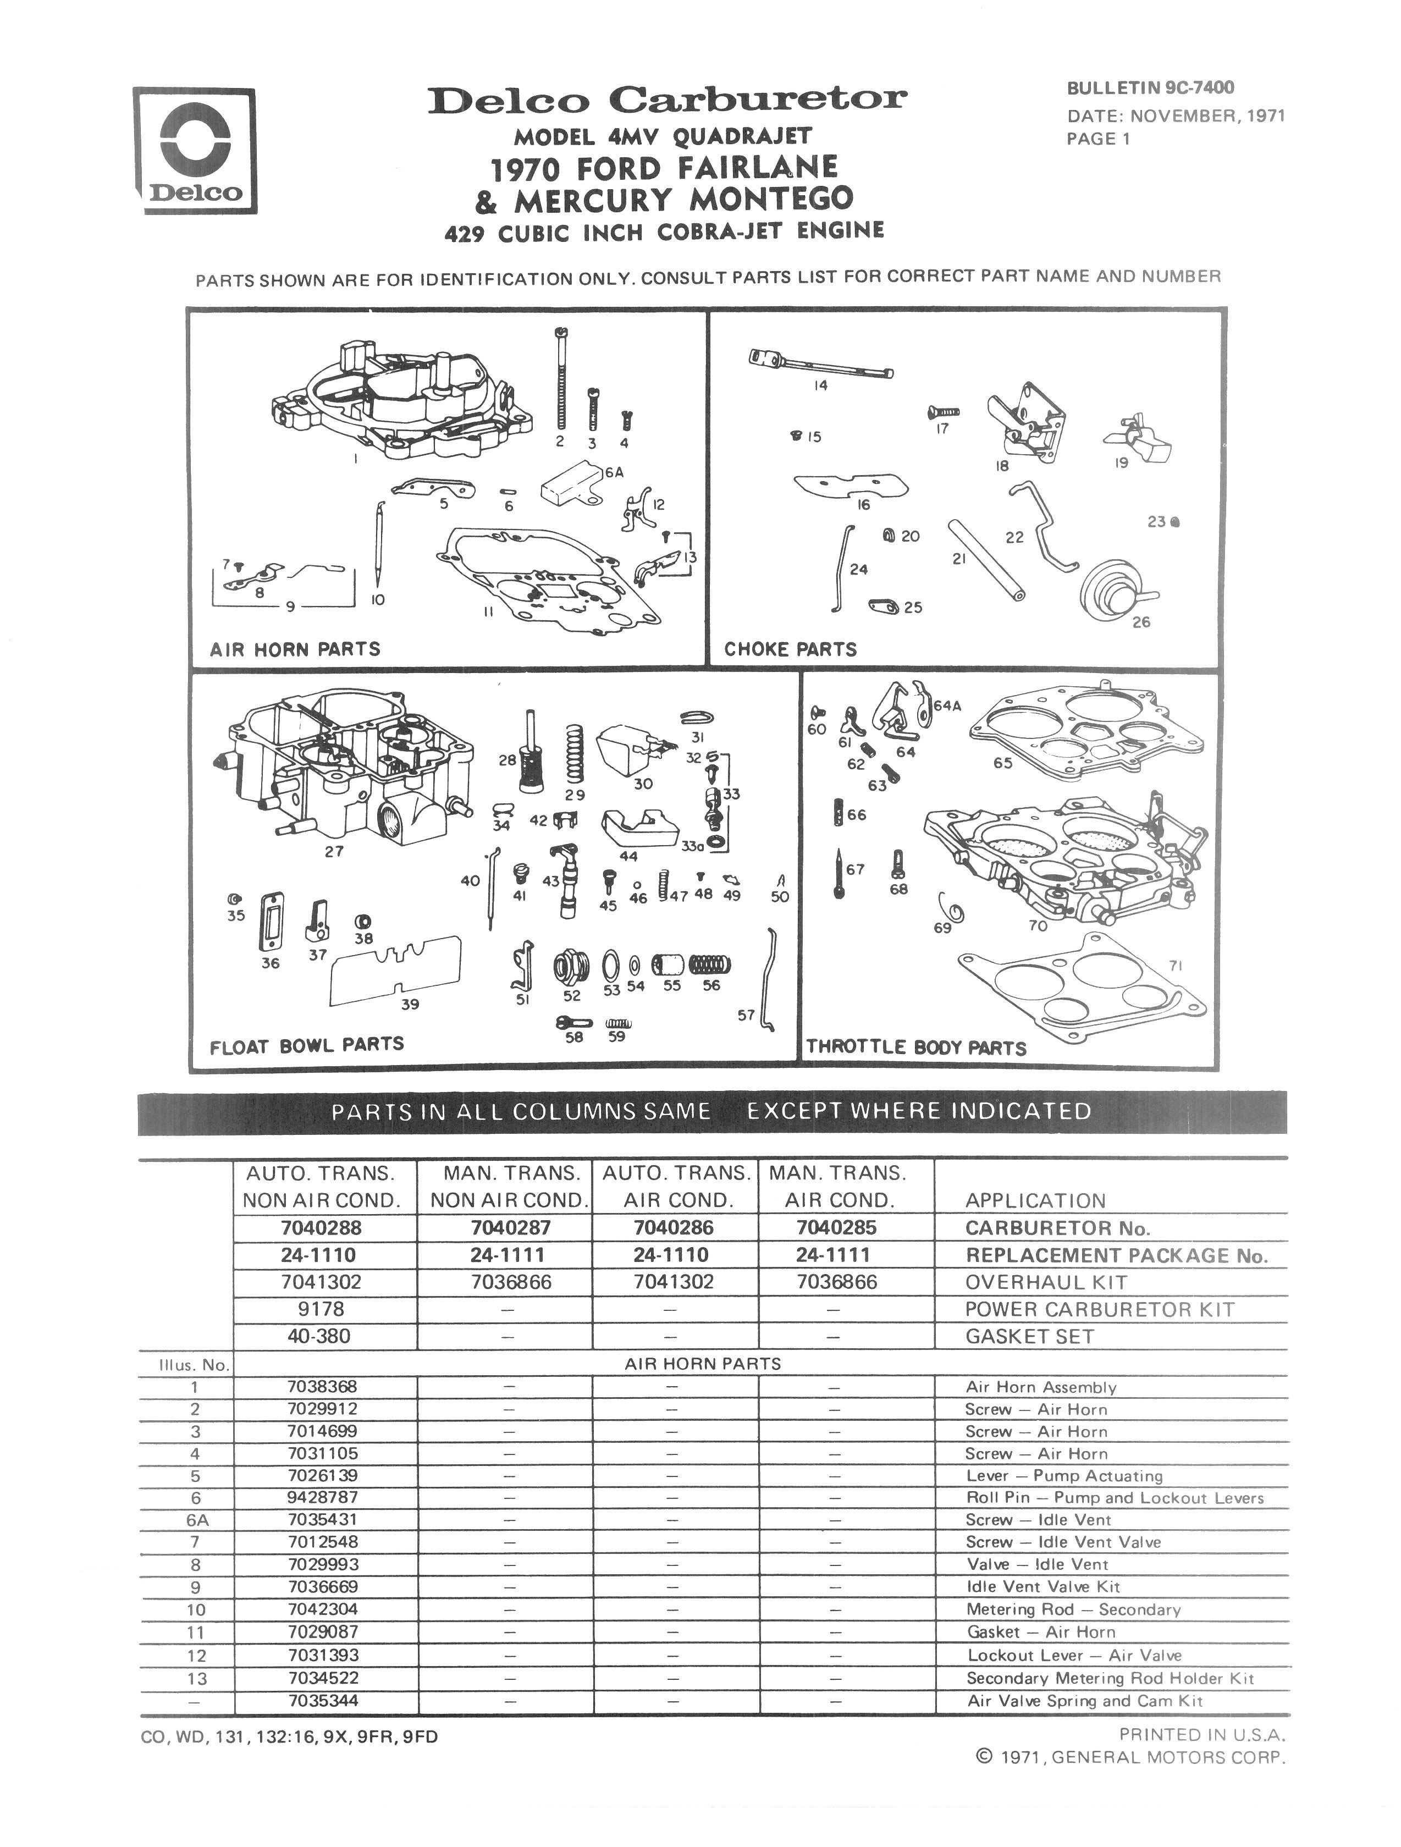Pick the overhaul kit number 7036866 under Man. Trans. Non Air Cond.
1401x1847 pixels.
(x=511, y=1282)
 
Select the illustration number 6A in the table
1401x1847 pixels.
(x=196, y=1520)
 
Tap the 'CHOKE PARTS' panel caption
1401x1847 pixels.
(x=790, y=649)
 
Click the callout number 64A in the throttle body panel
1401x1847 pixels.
(x=947, y=705)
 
